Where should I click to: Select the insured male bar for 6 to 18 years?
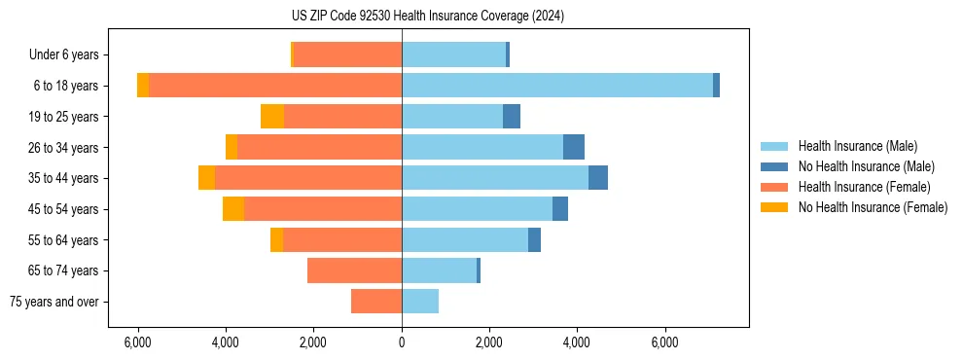point(556,86)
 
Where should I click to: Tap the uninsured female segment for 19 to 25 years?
point(272,117)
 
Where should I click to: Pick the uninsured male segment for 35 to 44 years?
point(598,178)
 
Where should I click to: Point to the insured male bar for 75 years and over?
point(420,302)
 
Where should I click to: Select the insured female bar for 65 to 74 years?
point(354,270)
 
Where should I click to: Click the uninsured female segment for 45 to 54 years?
point(233,209)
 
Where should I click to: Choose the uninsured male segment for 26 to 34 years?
point(574,147)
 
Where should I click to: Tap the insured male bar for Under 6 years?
point(453,54)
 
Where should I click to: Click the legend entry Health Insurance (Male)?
point(857,146)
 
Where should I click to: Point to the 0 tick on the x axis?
point(402,342)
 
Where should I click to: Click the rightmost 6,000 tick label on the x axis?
point(665,342)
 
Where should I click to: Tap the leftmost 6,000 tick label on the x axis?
point(138,342)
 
